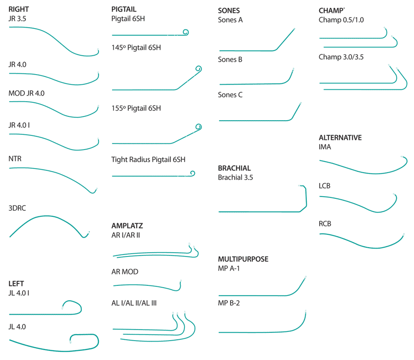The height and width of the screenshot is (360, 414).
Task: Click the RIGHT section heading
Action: (x=18, y=9)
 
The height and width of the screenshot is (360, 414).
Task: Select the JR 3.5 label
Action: (x=17, y=19)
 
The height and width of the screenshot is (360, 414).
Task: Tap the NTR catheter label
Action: (x=15, y=158)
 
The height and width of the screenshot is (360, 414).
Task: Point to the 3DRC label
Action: (x=17, y=208)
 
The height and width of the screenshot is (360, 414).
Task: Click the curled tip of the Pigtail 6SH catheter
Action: (x=186, y=32)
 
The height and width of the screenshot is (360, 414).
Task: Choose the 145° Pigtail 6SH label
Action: (x=136, y=47)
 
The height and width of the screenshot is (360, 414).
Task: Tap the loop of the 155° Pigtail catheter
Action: (x=199, y=127)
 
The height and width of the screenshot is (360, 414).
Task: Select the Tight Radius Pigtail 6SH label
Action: (x=148, y=160)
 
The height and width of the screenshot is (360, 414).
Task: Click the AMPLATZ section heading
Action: (x=127, y=226)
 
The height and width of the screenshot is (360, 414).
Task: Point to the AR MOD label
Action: (x=125, y=272)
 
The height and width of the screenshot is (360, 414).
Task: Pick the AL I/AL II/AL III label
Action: (x=134, y=303)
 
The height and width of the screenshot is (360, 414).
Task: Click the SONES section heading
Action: (x=229, y=11)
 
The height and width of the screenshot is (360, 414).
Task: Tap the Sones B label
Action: (x=230, y=59)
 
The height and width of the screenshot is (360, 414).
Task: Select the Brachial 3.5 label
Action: (x=235, y=177)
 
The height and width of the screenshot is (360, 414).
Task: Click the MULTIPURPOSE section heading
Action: (x=243, y=259)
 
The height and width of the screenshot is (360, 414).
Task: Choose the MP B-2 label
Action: (x=229, y=303)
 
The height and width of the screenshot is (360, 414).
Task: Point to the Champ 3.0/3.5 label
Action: (x=341, y=57)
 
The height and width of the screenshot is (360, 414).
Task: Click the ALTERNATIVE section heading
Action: (x=340, y=138)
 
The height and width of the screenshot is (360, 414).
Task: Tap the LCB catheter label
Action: (x=324, y=186)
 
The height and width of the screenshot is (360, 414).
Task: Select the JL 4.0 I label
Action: (x=19, y=293)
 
